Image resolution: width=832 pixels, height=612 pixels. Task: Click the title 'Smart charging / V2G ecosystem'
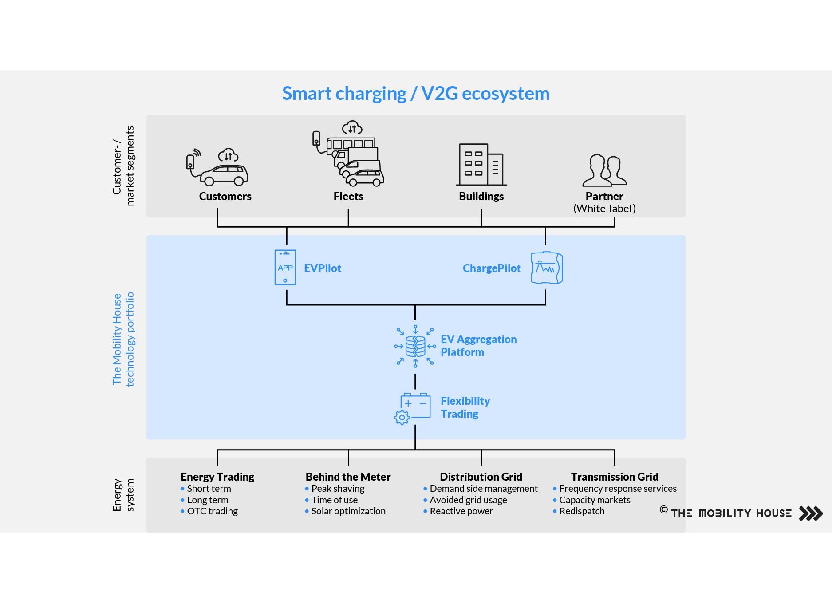click(416, 94)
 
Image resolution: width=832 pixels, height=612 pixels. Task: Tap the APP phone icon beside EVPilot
click(285, 267)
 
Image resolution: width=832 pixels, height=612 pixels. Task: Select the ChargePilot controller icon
click(547, 268)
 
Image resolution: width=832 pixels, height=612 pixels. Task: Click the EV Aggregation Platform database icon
click(415, 346)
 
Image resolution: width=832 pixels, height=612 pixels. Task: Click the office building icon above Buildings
click(481, 164)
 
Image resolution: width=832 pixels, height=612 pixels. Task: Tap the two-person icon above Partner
click(604, 170)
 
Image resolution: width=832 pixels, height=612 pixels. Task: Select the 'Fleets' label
click(348, 196)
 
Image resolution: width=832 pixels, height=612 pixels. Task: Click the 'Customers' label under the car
click(225, 196)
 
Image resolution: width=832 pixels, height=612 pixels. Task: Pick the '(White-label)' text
click(604, 209)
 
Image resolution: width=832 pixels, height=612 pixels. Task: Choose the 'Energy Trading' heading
click(217, 477)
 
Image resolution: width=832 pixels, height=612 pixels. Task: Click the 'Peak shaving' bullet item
click(338, 488)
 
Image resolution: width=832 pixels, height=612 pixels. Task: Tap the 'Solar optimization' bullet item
click(348, 511)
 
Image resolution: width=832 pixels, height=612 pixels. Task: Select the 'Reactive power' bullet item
click(461, 511)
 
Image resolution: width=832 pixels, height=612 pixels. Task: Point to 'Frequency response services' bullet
click(618, 488)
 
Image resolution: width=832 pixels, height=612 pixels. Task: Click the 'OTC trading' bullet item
click(212, 511)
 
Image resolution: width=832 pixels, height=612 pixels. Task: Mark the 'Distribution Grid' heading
click(481, 477)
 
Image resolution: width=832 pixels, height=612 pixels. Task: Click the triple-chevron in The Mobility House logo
click(810, 513)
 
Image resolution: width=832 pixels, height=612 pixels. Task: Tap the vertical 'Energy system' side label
click(123, 495)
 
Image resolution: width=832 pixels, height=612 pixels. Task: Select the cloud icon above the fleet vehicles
click(352, 128)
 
